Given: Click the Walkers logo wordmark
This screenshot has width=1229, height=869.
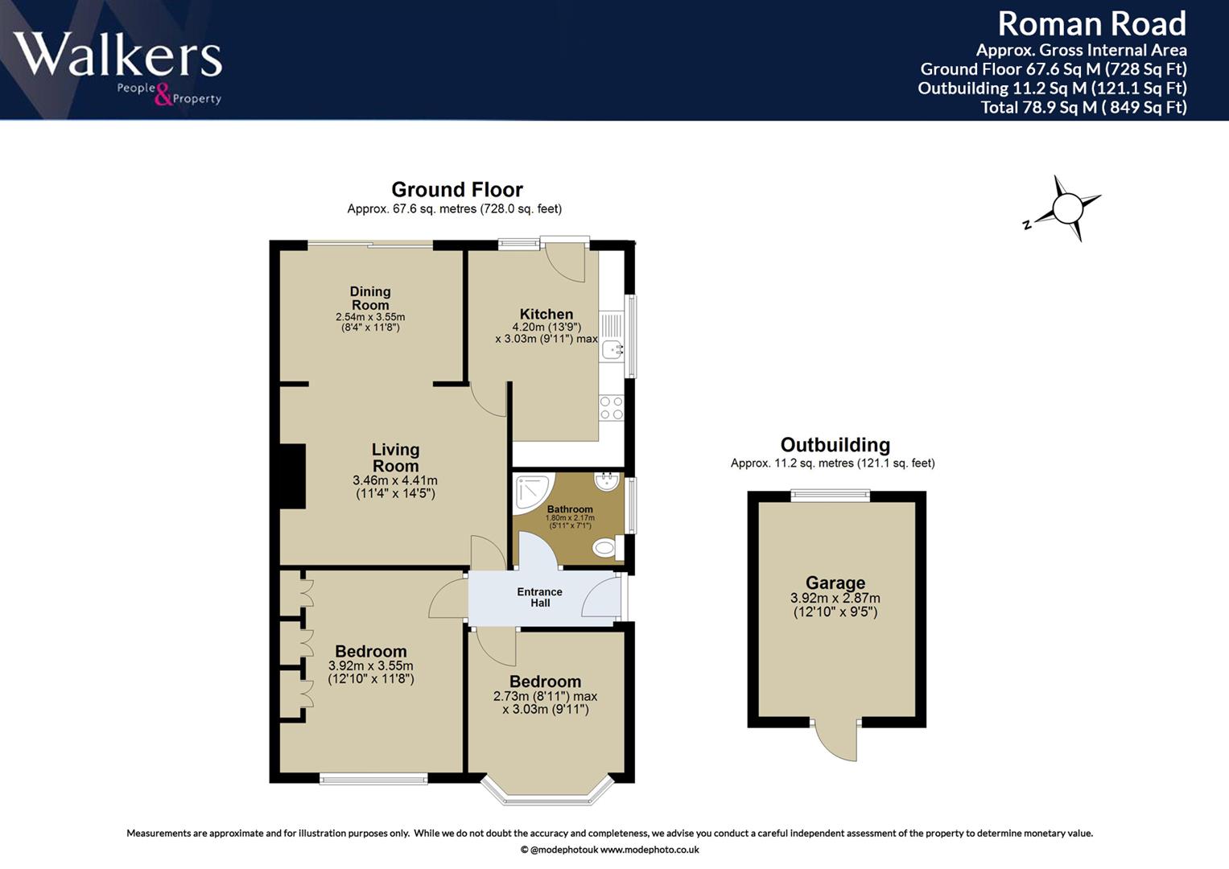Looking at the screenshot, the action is coord(118,54).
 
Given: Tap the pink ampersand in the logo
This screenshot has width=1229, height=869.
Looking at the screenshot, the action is coord(163,94).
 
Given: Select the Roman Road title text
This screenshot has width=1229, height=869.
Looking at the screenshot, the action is coord(1091,24).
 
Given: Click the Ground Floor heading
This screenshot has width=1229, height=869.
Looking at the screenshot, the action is coord(457,190).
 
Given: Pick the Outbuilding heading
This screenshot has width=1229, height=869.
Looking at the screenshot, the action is coord(835,444).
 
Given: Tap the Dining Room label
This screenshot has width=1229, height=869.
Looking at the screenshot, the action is coord(370,298).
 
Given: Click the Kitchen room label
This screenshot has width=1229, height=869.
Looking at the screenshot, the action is coord(546,314).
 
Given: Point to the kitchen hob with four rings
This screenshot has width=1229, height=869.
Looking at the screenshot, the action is coord(612,408).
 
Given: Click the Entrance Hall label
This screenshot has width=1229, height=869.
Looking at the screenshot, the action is coord(540,597).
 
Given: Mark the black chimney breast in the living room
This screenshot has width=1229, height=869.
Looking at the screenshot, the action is coord(292,476).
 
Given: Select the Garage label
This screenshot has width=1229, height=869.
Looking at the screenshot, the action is coord(835,582).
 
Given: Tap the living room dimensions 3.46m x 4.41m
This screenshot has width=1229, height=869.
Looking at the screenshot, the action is coord(395,480).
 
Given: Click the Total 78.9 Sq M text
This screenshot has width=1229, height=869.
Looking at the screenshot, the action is coord(1083,107).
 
